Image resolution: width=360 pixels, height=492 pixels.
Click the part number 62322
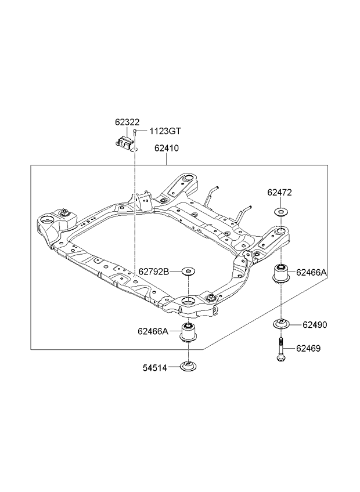127,122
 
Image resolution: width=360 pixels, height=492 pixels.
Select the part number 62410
166,148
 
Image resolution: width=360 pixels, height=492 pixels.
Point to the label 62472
280,193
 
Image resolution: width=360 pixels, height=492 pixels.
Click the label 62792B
154,272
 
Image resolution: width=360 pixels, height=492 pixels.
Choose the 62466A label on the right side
311,273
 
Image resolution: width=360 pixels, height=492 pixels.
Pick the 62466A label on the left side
153,331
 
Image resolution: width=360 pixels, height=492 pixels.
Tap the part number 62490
315,325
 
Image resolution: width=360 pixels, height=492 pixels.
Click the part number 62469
308,348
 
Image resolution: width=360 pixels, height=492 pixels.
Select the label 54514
155,368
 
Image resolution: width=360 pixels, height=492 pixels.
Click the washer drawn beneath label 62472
280,212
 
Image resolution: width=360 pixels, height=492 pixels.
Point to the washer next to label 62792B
188,270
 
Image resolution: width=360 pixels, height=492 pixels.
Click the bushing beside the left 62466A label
188,332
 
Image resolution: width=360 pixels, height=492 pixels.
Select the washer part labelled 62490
281,324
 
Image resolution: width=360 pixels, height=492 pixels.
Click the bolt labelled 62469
280,350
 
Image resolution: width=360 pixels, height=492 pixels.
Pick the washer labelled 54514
189,367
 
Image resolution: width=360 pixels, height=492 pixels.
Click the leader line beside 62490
296,324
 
